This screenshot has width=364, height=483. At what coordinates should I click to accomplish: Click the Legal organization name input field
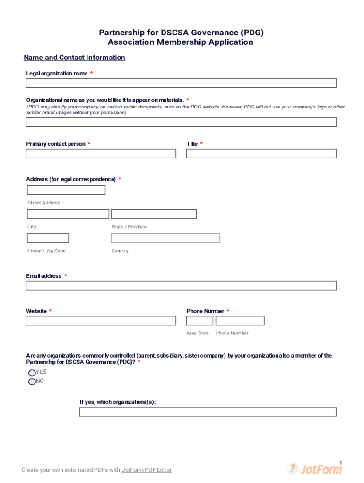181,83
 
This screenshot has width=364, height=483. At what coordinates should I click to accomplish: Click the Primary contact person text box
101,153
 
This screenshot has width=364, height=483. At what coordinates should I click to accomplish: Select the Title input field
261,153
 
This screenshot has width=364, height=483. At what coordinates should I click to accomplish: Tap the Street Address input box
66,190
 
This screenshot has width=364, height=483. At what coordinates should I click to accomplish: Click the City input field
68,214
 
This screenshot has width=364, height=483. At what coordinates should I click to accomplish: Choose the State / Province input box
154,214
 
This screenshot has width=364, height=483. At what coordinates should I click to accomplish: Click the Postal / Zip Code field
48,238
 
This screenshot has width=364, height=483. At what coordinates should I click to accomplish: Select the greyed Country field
165,238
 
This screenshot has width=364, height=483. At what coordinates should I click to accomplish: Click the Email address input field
181,285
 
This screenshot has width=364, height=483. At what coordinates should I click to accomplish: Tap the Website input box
101,321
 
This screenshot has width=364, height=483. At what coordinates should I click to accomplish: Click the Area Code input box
199,321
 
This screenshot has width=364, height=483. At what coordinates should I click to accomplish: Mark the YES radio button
32,373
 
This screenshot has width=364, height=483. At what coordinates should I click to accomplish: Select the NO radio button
32,382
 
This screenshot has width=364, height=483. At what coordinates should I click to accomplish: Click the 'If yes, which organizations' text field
208,412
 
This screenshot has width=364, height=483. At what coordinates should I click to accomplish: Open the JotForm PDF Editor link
147,470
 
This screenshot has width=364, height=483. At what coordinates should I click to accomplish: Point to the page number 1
340,462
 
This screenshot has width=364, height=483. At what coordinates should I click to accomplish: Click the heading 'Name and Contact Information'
75,58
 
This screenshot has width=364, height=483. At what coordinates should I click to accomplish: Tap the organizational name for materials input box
181,122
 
